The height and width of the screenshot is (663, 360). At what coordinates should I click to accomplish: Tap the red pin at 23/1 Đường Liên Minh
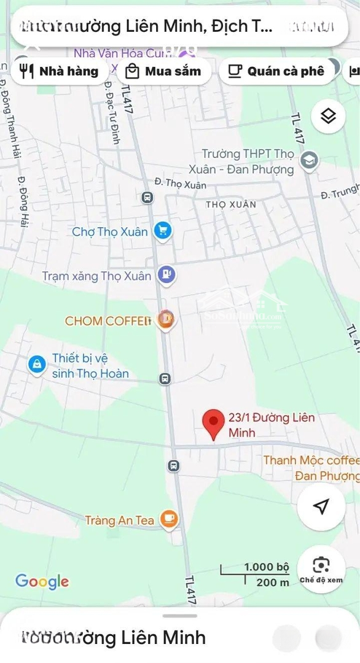[213, 422]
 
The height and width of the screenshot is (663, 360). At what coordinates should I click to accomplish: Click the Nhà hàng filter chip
[60, 71]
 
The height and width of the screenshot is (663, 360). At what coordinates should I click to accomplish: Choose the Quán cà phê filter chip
[276, 71]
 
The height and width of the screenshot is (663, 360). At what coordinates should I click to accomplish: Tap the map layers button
[328, 116]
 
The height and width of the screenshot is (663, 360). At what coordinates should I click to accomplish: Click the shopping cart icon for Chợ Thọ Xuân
[163, 231]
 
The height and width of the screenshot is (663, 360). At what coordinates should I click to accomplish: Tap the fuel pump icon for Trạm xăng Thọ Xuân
[166, 274]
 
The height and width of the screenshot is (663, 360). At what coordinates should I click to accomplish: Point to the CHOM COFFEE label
[108, 320]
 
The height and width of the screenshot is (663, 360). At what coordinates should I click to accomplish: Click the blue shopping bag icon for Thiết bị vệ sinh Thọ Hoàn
[37, 365]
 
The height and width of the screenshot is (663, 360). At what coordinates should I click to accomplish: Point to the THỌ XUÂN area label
[231, 204]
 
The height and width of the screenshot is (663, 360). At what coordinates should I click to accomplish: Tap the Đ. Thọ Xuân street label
[176, 183]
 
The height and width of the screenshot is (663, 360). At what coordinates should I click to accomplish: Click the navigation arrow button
[321, 506]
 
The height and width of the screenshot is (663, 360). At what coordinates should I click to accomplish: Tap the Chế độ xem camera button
[321, 567]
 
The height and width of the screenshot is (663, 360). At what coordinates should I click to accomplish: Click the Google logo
[42, 581]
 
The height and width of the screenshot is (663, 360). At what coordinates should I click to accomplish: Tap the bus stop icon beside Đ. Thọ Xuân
[147, 197]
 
